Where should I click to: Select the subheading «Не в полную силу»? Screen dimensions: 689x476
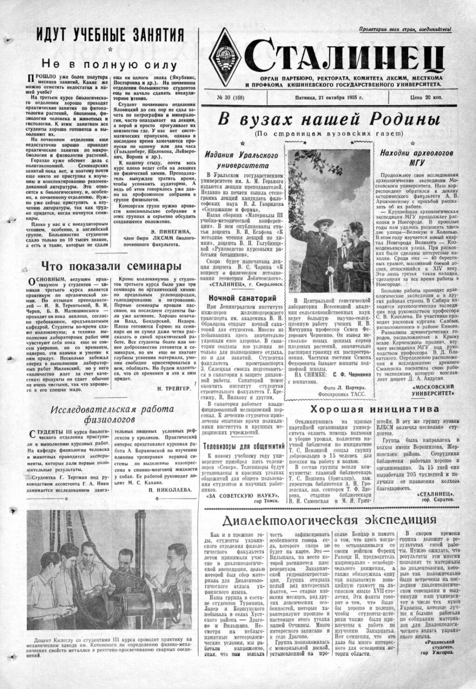coord(109,65)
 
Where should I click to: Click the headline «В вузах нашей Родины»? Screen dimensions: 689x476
coord(329,119)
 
